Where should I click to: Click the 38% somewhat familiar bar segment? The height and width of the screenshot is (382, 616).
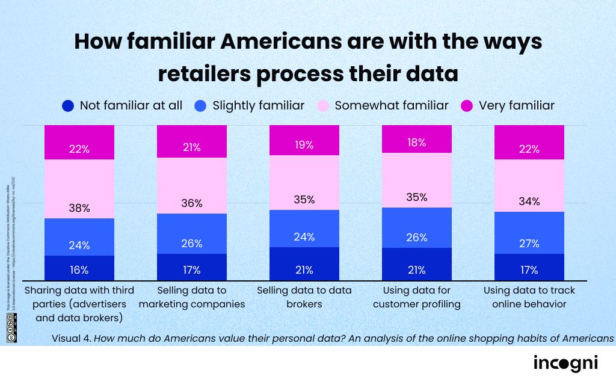click(x=79, y=189)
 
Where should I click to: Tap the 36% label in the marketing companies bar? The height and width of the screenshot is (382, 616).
click(x=192, y=203)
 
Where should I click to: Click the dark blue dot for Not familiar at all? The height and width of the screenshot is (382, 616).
click(x=68, y=106)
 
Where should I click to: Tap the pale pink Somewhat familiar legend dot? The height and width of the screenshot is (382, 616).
click(x=323, y=106)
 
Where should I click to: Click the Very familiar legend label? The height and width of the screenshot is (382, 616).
click(x=516, y=106)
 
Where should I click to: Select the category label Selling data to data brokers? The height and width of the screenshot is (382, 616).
click(x=304, y=297)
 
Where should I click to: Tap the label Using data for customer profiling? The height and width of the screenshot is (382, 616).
click(x=417, y=297)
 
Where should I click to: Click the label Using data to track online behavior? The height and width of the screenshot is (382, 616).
click(x=529, y=297)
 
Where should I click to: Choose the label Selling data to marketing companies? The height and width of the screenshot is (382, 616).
click(x=192, y=297)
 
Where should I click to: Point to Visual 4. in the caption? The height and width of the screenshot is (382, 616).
click(x=71, y=338)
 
